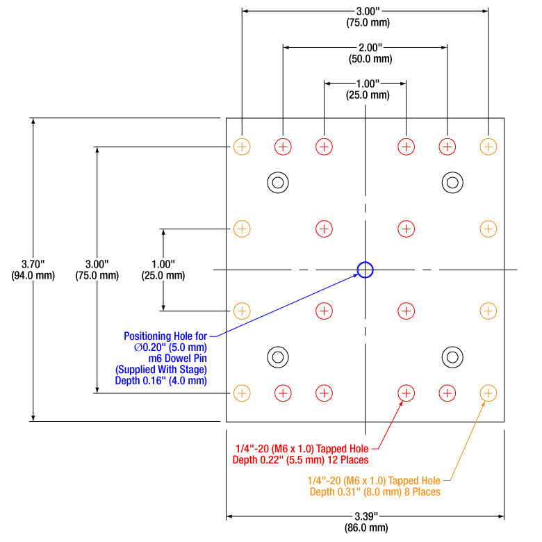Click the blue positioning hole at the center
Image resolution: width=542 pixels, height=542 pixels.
click(365, 270)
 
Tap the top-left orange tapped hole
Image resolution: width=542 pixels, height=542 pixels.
click(242, 147)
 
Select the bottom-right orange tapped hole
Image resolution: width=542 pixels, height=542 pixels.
click(488, 393)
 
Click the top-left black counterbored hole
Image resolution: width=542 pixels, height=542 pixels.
click(278, 183)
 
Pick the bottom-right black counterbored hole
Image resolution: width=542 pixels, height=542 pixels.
click(452, 357)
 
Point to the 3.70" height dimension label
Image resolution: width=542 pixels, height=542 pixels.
click(33, 264)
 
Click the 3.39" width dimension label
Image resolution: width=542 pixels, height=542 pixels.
click(365, 516)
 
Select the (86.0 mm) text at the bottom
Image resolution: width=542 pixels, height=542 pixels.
click(365, 527)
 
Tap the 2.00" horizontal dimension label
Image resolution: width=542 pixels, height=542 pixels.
click(365, 47)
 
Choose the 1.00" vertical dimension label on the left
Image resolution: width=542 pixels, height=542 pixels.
click(163, 264)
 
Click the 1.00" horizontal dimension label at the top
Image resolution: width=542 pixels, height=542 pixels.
click(365, 83)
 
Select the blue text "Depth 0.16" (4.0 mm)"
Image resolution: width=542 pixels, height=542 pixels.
click(161, 381)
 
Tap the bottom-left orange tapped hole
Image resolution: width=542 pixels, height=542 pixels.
click(242, 393)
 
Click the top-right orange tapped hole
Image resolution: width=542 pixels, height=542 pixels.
click(488, 147)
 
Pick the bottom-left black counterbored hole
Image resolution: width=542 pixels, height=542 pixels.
click(278, 357)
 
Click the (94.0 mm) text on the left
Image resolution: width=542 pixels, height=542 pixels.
click(33, 276)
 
